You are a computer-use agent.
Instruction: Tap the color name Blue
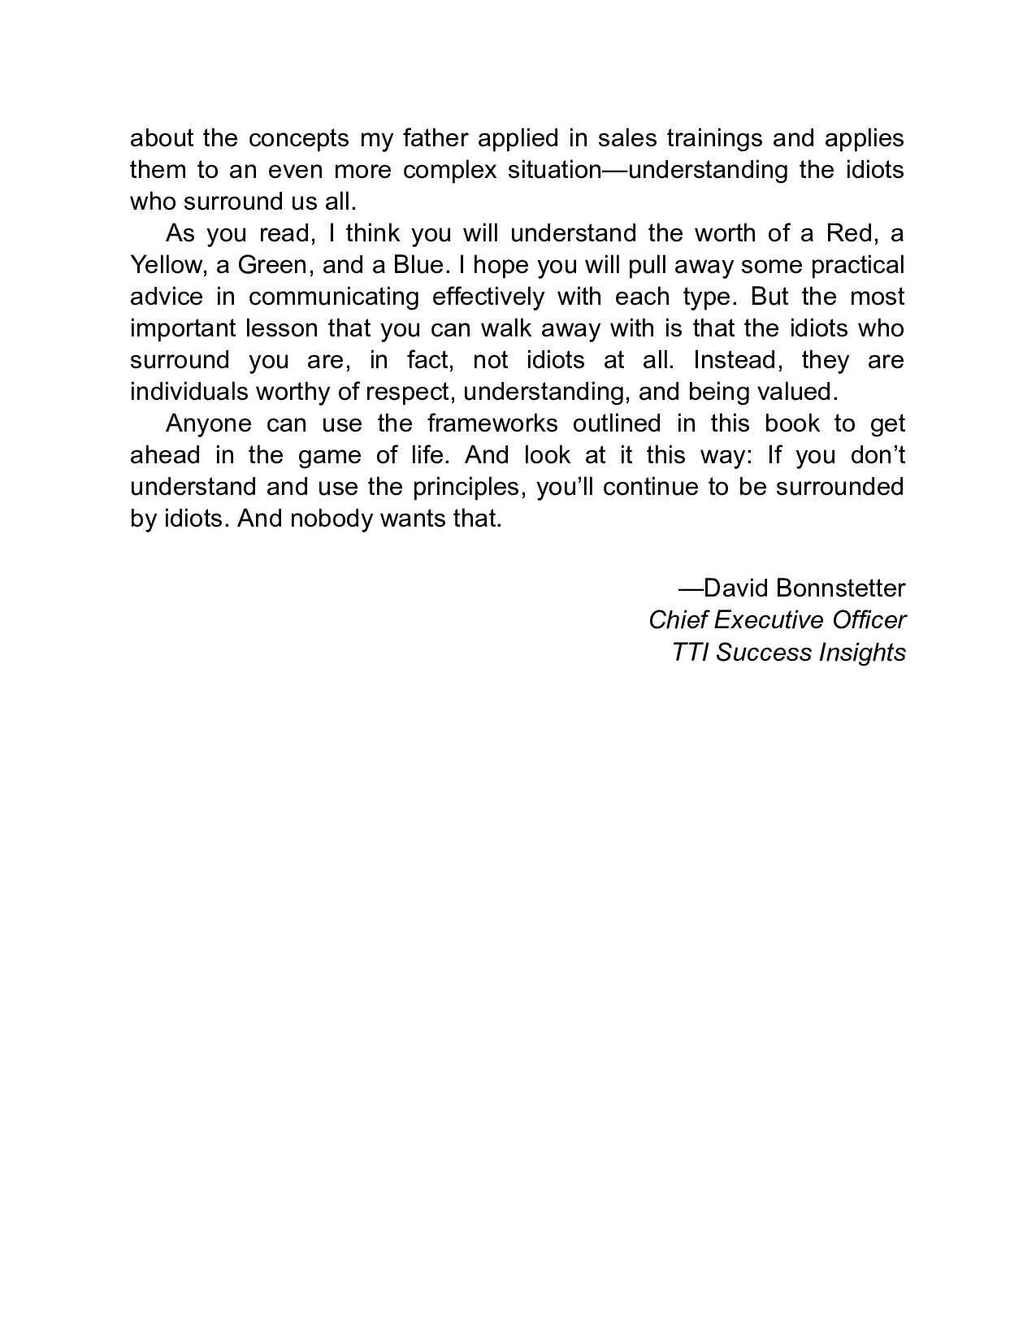[418, 265]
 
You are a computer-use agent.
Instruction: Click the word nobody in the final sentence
[331, 519]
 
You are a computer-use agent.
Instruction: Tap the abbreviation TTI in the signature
[691, 653]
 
